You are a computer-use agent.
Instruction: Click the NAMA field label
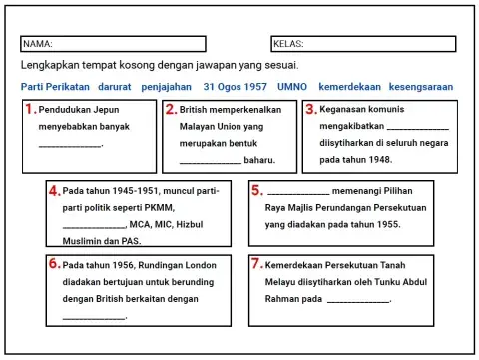[x=38, y=45]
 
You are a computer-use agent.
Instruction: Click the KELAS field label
[x=288, y=45]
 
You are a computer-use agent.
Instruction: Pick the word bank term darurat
[x=113, y=87]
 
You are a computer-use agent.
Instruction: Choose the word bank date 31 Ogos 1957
[x=235, y=87]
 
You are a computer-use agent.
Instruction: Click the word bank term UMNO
[x=293, y=87]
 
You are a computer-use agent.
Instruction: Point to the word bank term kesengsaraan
[x=420, y=87]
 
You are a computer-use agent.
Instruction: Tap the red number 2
[x=171, y=110]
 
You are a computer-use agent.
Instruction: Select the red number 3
[x=310, y=110]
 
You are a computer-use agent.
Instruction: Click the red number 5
[x=256, y=190]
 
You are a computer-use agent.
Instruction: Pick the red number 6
[x=54, y=265]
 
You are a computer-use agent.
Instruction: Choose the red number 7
[x=256, y=265]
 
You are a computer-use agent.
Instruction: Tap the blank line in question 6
[x=93, y=318]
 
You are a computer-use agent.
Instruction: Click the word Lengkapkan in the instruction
[x=48, y=65]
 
